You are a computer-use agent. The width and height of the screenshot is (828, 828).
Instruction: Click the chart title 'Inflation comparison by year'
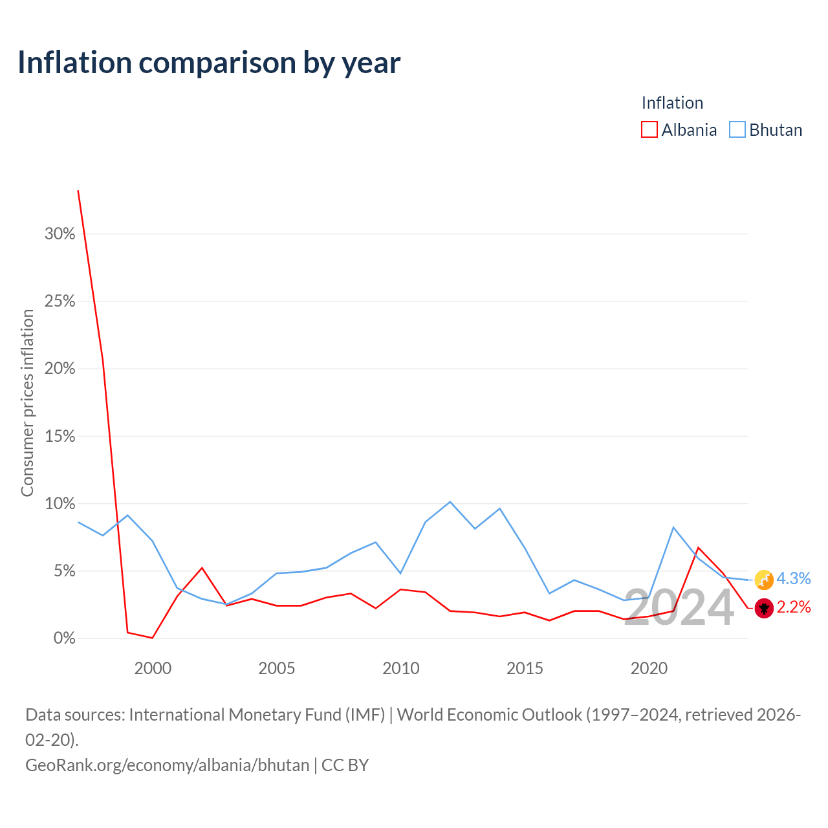click(x=209, y=63)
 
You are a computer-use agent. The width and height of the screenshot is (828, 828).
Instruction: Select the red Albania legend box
click(x=649, y=129)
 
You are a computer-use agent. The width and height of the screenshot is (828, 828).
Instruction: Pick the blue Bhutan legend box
click(x=737, y=129)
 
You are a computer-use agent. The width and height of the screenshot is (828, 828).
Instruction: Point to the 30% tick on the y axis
click(x=60, y=234)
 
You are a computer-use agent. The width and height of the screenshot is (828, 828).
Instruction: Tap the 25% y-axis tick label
click(x=60, y=301)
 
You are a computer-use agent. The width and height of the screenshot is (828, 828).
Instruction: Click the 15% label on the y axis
click(x=60, y=436)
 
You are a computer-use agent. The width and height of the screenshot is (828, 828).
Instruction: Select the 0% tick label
click(x=65, y=638)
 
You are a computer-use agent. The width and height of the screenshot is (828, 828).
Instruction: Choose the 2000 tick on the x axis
click(x=153, y=668)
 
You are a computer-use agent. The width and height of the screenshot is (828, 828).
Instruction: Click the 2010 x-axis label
click(x=401, y=668)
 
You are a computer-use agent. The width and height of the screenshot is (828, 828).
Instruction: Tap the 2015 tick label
click(x=525, y=668)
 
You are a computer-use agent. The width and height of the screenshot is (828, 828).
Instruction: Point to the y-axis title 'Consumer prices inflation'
click(x=27, y=403)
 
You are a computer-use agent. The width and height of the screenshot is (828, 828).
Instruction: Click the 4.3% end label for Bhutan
click(x=793, y=578)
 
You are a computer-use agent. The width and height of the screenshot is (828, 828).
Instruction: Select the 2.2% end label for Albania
click(x=793, y=607)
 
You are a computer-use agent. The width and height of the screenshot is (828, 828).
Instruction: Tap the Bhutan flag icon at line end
click(x=764, y=580)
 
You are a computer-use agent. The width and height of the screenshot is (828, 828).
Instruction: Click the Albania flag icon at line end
click(x=764, y=609)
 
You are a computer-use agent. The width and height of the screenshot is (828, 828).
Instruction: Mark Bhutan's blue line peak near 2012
click(x=450, y=502)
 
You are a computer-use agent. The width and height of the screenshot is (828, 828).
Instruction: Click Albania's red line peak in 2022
click(x=698, y=548)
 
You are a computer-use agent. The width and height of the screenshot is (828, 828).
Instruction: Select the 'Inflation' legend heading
click(x=672, y=103)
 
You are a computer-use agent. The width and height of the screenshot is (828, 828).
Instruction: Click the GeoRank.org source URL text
click(x=167, y=765)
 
